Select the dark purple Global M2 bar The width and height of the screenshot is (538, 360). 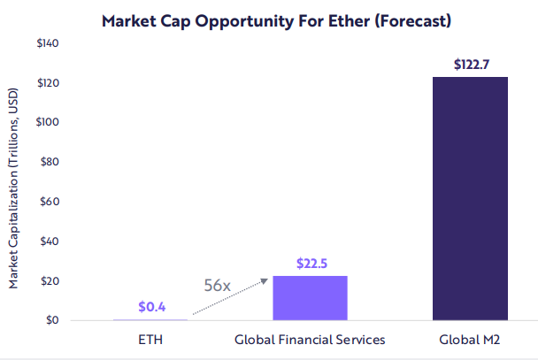(x=469, y=198)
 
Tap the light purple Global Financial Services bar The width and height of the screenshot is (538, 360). (x=310, y=298)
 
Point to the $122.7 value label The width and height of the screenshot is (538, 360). (x=470, y=65)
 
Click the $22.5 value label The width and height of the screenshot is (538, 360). (x=310, y=263)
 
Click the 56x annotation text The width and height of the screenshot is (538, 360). (x=218, y=287)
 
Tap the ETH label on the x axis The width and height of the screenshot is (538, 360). (x=150, y=339)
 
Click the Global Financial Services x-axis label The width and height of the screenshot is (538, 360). (x=310, y=339)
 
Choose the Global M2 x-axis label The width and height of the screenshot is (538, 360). (x=470, y=339)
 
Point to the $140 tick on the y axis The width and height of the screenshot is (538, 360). (x=48, y=43)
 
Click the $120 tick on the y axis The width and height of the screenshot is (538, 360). (x=48, y=83)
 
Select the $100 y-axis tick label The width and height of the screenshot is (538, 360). (x=48, y=122)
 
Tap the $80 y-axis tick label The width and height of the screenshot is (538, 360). (x=50, y=162)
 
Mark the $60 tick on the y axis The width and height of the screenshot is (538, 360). (x=50, y=202)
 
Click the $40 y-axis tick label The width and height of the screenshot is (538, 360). (x=50, y=241)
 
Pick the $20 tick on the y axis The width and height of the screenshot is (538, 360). (x=50, y=281)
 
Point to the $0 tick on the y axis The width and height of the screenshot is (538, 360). (x=52, y=320)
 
